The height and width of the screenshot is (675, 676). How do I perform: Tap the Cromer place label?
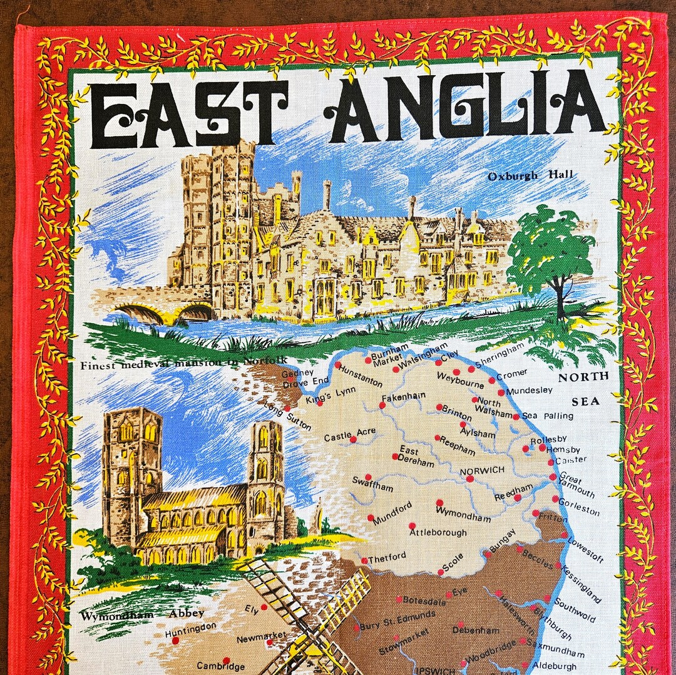[511, 374]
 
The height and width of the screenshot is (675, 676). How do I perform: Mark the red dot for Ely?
[264, 607]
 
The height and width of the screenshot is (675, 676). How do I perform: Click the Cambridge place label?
[220, 666]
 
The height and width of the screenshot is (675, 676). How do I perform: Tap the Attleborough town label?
[438, 533]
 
